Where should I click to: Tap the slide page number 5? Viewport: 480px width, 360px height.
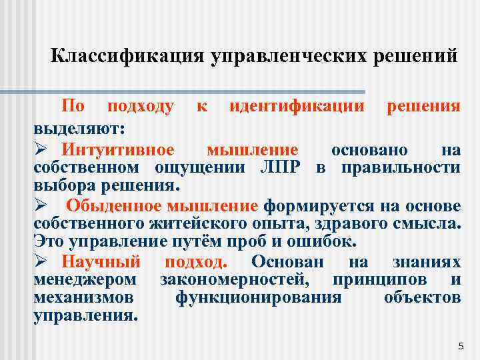click(461, 346)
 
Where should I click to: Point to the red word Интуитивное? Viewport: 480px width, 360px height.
click(118, 149)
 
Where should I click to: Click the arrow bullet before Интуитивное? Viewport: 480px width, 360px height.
click(39, 149)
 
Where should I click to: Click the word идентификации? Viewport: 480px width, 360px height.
click(297, 106)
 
